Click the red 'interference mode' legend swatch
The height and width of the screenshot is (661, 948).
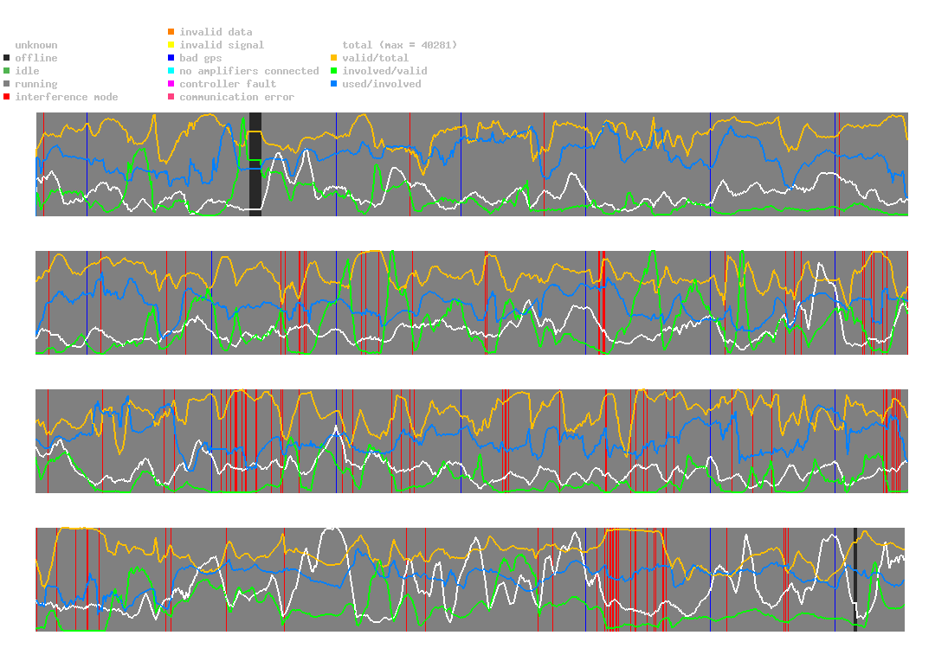[7, 97]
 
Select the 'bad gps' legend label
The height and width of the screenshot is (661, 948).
[201, 58]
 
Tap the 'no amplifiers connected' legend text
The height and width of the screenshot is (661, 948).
[248, 71]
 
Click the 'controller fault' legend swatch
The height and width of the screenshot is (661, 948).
[171, 84]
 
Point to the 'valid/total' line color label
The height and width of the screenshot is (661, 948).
[372, 58]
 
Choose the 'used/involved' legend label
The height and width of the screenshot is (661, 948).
[381, 84]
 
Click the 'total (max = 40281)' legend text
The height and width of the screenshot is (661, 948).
[399, 45]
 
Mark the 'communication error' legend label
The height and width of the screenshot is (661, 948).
[236, 97]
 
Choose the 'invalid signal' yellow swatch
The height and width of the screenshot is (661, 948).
[171, 45]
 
